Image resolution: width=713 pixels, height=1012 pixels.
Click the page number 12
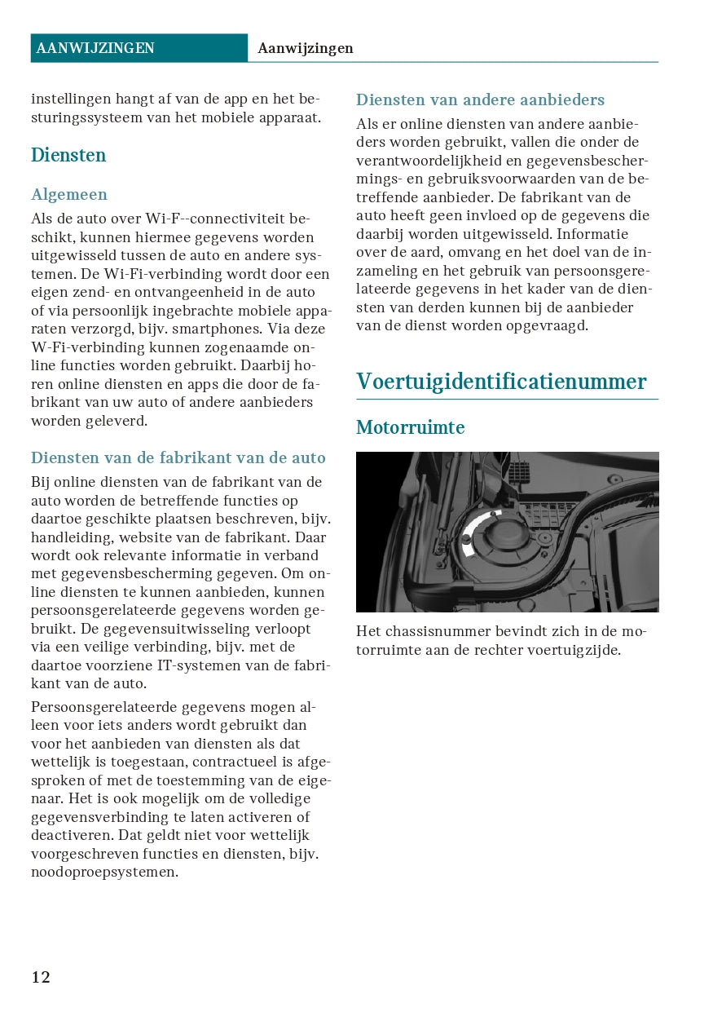(x=41, y=977)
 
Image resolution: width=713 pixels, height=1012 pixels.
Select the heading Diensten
(x=68, y=155)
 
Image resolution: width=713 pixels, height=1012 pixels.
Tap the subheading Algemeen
(x=69, y=194)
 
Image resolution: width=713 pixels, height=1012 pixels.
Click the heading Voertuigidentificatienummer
(x=501, y=382)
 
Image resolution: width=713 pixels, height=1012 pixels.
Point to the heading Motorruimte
(x=410, y=427)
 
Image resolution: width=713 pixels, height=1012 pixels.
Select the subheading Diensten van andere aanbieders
(x=480, y=100)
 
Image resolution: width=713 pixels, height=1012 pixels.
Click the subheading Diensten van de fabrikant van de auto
(x=178, y=457)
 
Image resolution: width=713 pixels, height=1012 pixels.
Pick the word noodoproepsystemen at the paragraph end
(x=103, y=872)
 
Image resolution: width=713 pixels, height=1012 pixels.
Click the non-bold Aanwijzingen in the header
(x=306, y=48)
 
